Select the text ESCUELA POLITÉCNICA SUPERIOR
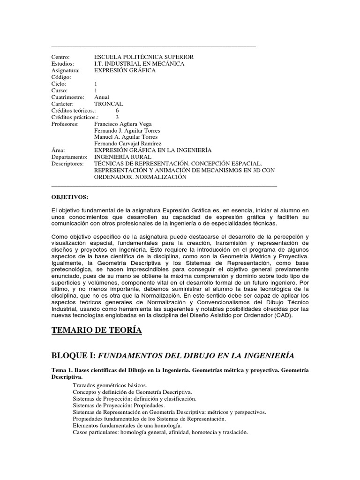click(143, 57)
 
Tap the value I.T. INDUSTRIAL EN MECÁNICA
click(139, 63)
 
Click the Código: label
click(61, 77)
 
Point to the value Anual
click(102, 97)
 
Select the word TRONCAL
click(109, 104)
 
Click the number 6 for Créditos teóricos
click(117, 111)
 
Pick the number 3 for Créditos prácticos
click(117, 117)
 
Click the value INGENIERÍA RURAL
click(123, 157)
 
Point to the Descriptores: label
click(67, 164)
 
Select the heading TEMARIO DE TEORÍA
click(96, 331)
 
